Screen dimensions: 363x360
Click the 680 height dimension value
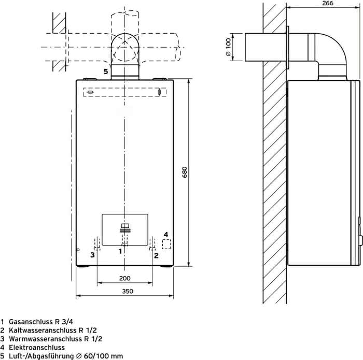point(185,172)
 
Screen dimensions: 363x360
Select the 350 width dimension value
point(128,291)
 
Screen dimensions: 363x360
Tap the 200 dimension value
point(125,278)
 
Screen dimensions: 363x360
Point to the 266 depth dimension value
point(328,3)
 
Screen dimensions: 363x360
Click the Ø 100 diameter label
point(228,47)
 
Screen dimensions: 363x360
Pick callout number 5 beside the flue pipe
point(106,71)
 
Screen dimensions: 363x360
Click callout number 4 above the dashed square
point(166,235)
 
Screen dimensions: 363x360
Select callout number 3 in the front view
point(92,255)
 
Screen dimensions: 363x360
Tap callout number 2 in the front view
point(156,255)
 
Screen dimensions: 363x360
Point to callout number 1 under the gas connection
point(120,251)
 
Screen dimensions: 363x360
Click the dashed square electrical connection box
point(166,244)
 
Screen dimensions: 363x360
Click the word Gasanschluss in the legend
point(31,322)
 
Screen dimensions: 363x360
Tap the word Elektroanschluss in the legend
point(37,347)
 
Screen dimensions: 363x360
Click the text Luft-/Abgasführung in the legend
point(41,356)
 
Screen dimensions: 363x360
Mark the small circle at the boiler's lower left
point(78,250)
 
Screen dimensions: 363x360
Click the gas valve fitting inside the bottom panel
point(125,228)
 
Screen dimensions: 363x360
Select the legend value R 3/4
point(64,322)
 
